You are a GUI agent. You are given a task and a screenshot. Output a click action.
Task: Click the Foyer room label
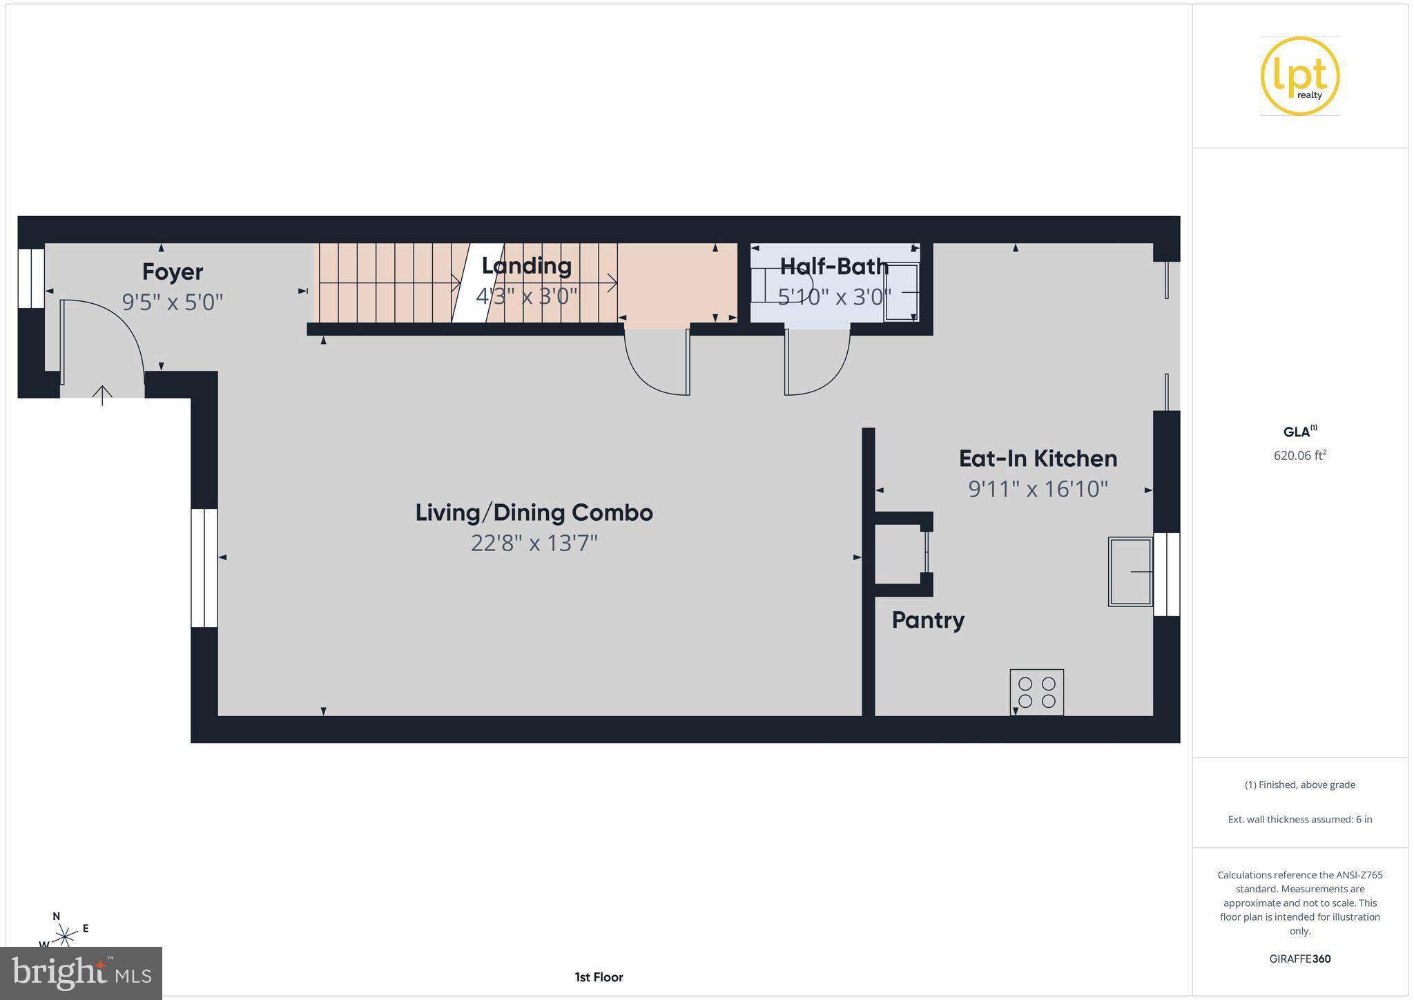(x=172, y=272)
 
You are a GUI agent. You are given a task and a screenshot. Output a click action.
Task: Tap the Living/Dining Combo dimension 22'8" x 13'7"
(x=534, y=544)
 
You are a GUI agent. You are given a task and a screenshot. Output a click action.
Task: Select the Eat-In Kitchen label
(x=1038, y=459)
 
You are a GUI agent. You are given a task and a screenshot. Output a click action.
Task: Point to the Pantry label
(x=928, y=620)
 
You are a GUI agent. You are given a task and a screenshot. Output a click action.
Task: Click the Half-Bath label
(x=834, y=267)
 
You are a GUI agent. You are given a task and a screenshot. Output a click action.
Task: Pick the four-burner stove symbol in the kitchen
(x=1036, y=692)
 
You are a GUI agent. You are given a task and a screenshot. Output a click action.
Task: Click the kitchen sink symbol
(x=1130, y=572)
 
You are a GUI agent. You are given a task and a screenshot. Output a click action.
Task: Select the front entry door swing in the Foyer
(x=104, y=338)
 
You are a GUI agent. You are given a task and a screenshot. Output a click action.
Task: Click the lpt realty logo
(x=1300, y=76)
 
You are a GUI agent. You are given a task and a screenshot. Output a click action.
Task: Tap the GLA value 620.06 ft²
(x=1300, y=456)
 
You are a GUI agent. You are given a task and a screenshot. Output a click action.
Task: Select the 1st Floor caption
(x=599, y=977)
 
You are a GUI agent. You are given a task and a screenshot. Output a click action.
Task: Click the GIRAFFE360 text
(x=1300, y=959)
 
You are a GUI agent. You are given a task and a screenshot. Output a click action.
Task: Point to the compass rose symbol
(x=66, y=936)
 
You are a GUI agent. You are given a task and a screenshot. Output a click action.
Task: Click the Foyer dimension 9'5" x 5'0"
(x=173, y=302)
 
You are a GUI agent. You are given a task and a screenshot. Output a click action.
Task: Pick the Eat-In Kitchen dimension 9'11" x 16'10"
(x=1038, y=490)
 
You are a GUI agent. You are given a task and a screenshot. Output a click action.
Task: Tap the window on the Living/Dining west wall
(x=204, y=568)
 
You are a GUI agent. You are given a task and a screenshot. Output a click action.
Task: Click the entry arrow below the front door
(x=102, y=395)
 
